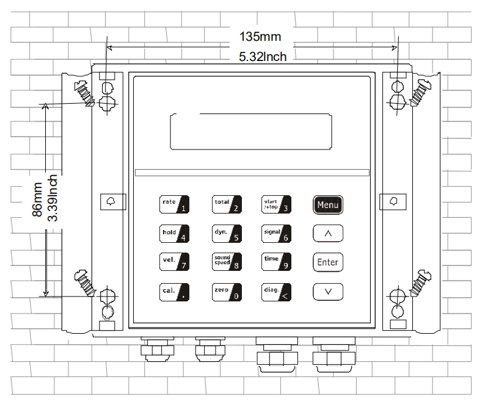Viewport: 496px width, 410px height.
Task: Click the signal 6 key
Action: point(275,233)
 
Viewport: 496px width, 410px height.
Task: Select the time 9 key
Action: point(275,262)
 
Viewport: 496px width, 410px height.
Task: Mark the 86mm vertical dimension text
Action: point(38,200)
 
